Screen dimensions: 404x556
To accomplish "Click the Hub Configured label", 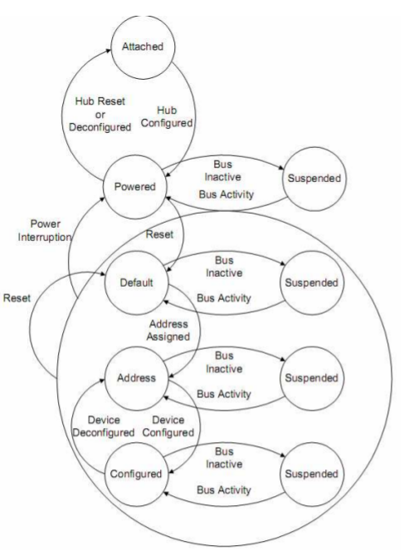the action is (167, 116).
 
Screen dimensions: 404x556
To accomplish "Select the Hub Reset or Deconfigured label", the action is (100, 114).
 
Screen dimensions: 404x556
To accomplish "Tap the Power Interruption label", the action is (45, 230).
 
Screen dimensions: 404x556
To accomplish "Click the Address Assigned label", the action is (168, 330).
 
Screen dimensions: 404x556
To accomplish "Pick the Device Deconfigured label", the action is (104, 426).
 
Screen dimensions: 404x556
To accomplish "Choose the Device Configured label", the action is (168, 426).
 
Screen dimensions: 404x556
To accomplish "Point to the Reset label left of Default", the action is (17, 298).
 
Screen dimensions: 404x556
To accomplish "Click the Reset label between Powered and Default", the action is (159, 234).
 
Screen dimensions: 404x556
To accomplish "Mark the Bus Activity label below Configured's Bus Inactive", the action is (224, 490).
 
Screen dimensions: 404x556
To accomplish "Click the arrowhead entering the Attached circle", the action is (109, 51).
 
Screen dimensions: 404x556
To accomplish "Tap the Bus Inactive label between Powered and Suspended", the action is (223, 170).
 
